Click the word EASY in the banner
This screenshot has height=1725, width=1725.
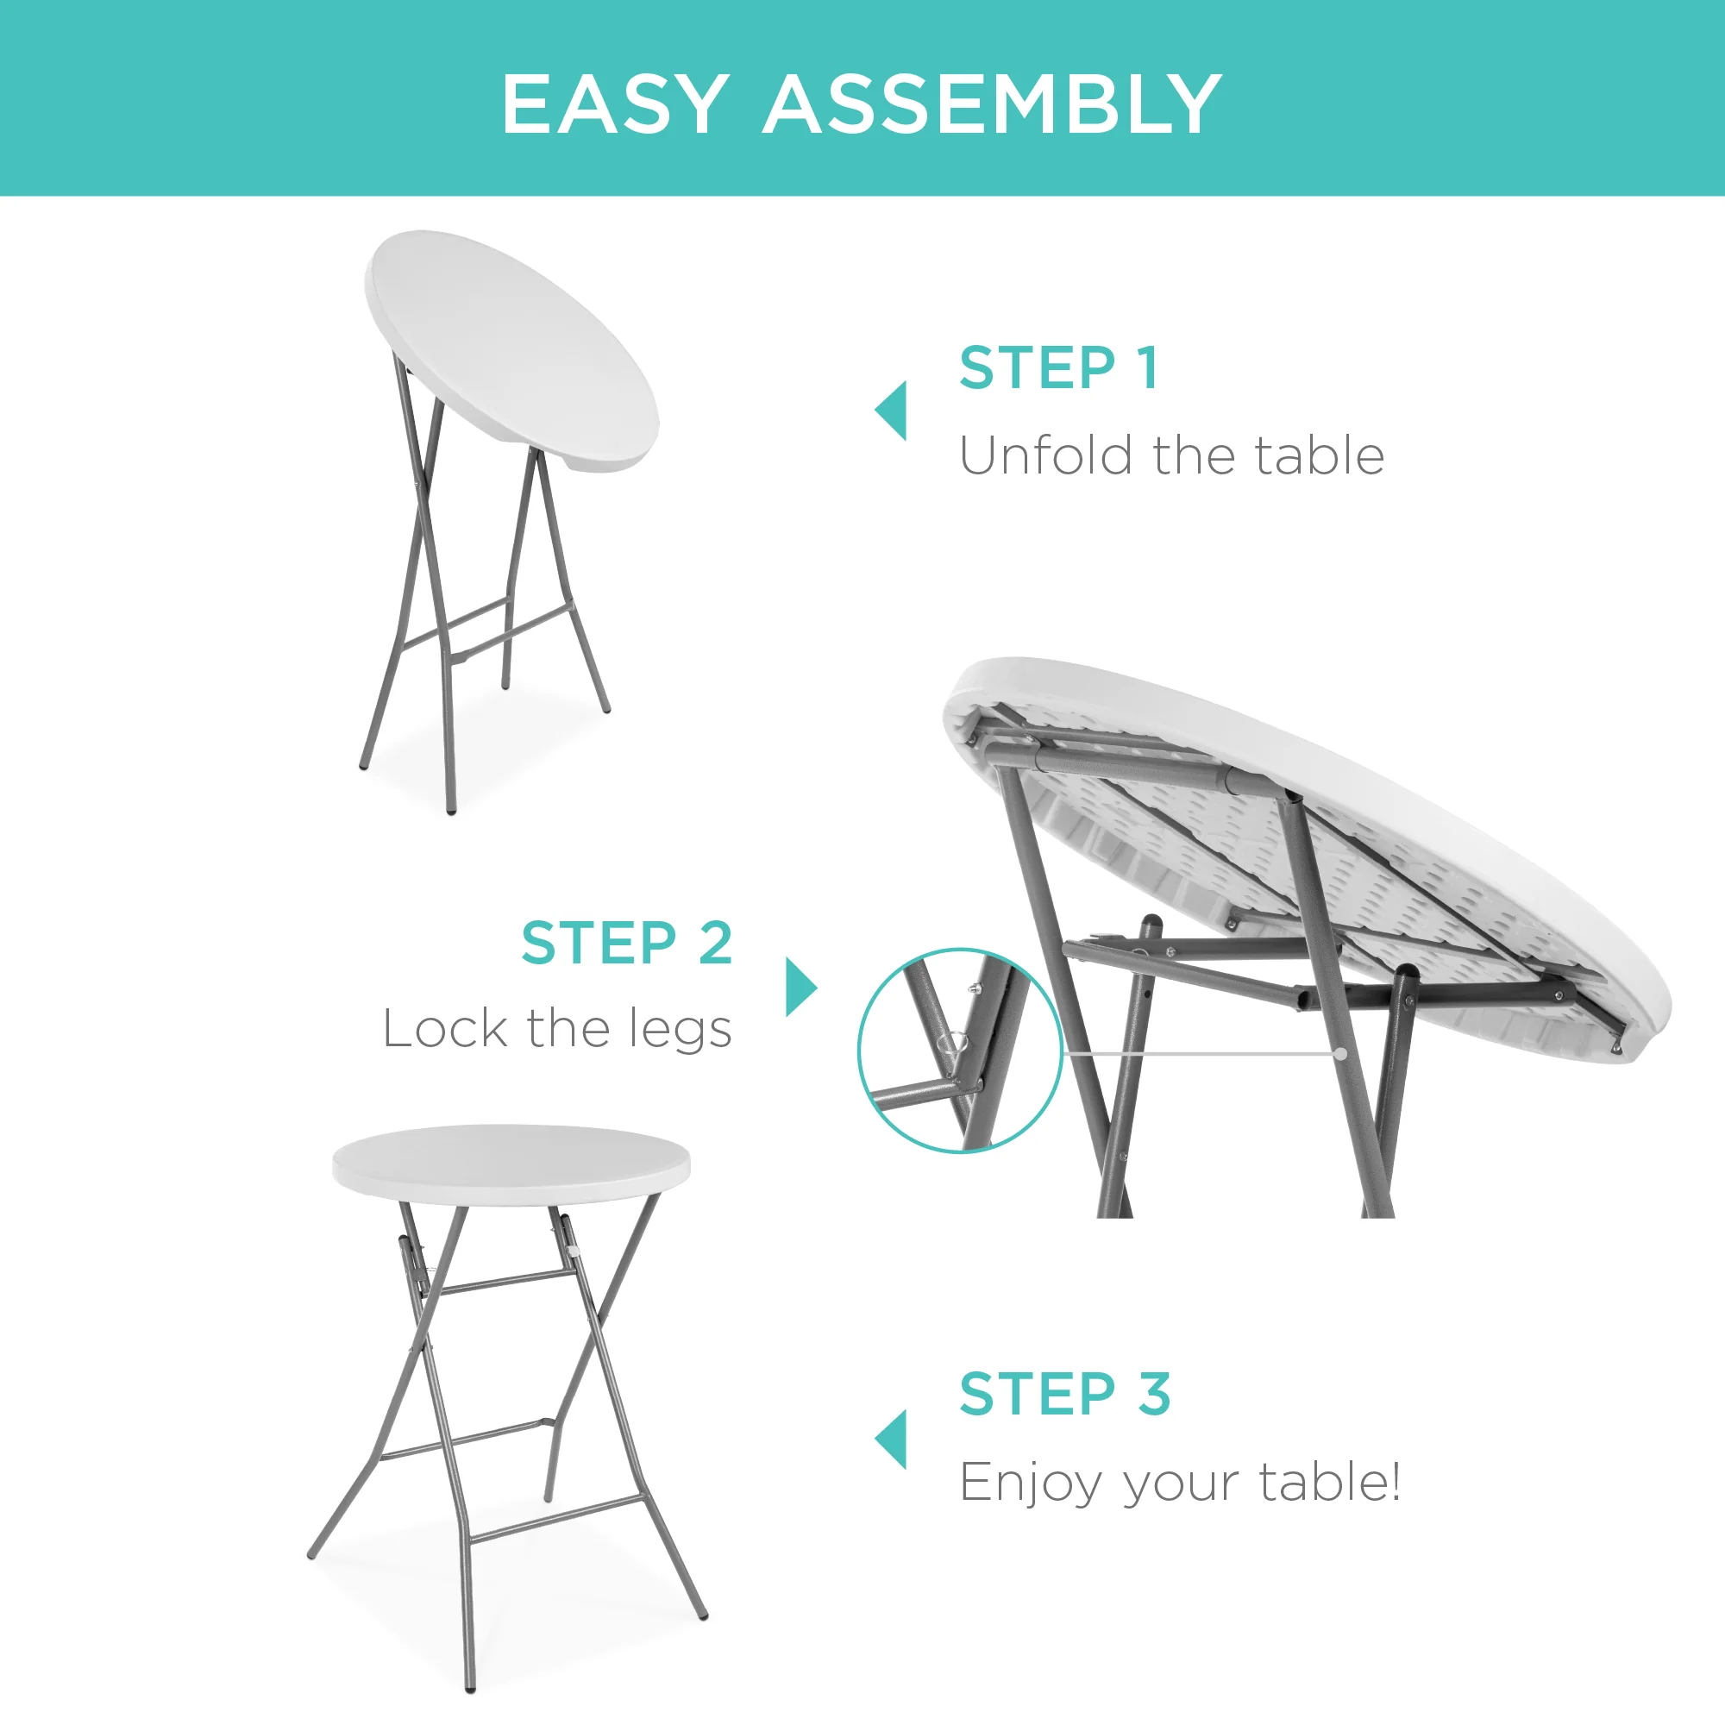click(x=614, y=104)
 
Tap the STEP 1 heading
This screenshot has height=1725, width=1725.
click(x=1059, y=368)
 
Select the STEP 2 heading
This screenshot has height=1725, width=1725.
click(x=627, y=943)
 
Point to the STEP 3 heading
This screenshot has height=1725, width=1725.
click(x=1064, y=1394)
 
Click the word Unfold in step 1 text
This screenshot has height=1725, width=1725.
click(x=1045, y=455)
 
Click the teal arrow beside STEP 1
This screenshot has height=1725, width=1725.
click(x=892, y=411)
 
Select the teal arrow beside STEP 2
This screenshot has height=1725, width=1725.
click(x=800, y=987)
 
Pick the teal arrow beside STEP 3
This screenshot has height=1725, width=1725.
click(x=892, y=1440)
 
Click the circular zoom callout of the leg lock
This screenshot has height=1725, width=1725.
click(x=960, y=1051)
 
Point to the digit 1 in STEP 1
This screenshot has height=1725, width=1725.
click(x=1149, y=368)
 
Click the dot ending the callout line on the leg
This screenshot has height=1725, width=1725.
click(x=1341, y=1054)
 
